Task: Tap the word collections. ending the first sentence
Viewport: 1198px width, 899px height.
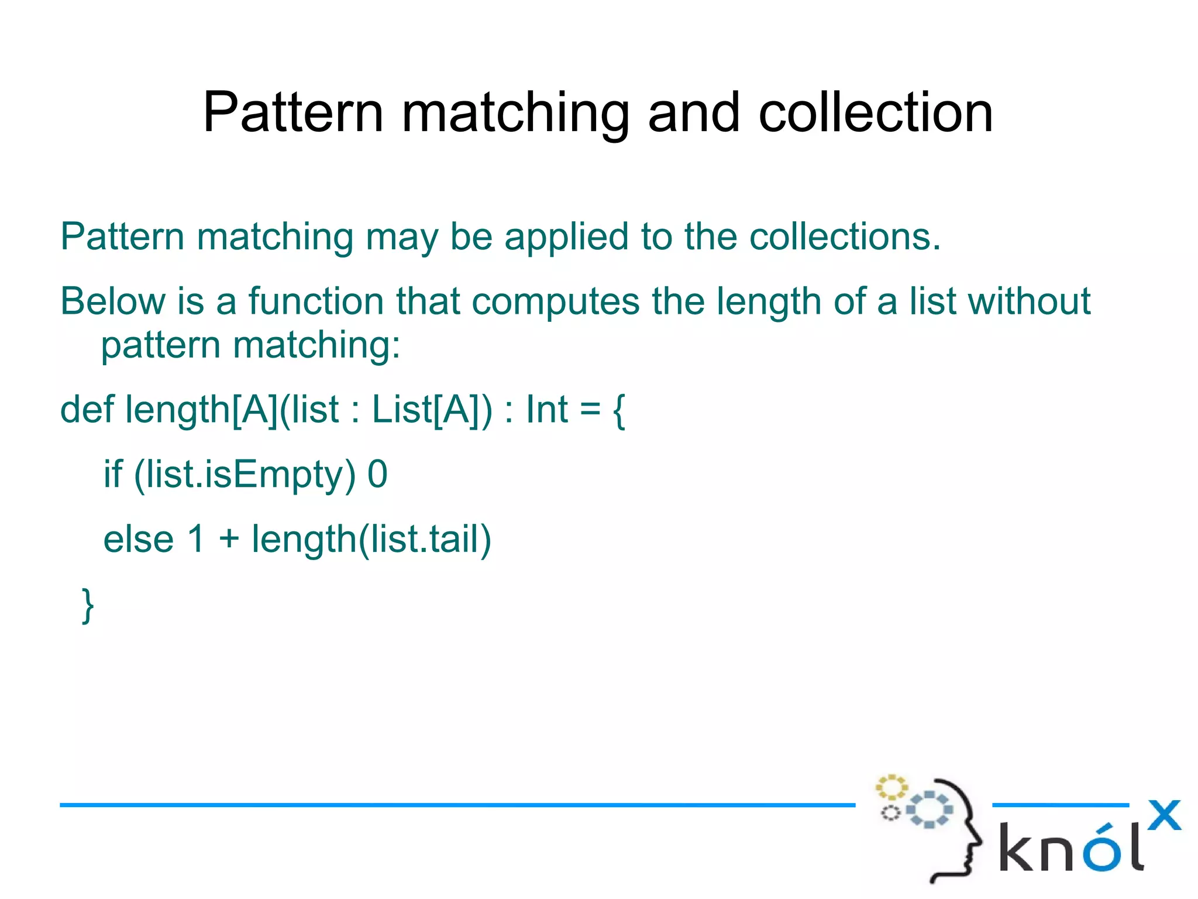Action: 845,237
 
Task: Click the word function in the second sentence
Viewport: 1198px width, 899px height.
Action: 316,301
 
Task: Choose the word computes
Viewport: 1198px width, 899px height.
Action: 555,301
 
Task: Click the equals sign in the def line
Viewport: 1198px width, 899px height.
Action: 590,410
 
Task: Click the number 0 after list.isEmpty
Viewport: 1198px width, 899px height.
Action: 377,475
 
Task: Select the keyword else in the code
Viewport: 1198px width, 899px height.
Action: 139,539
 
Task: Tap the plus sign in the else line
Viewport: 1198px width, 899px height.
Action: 229,540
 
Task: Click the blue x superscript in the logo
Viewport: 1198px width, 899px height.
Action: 1163,815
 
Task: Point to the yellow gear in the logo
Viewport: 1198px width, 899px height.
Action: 891,787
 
